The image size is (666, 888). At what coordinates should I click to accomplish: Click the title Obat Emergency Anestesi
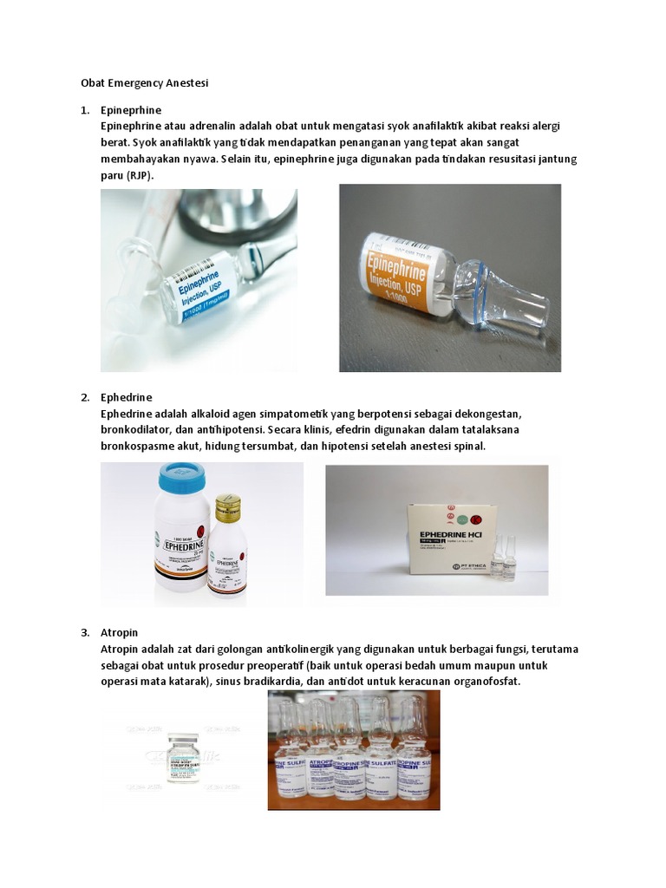[145, 83]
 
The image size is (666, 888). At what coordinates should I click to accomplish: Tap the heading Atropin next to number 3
[119, 632]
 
